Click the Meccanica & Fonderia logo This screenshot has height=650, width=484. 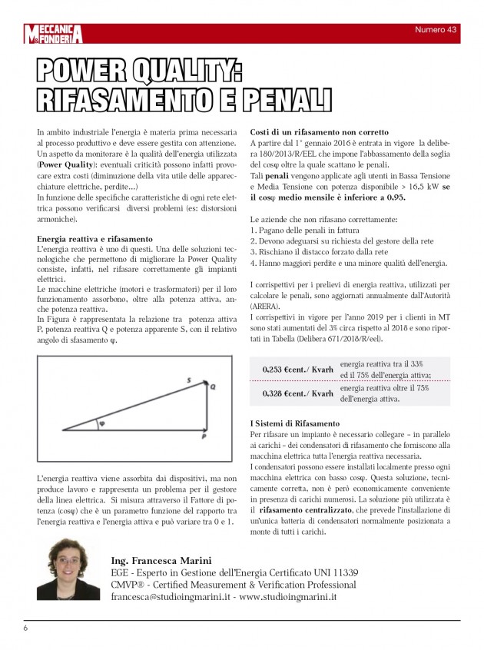[52, 33]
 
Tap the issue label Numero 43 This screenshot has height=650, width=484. [436, 29]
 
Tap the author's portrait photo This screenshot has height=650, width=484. [68, 569]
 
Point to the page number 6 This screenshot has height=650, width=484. [25, 628]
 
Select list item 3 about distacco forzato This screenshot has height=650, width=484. [319, 251]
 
